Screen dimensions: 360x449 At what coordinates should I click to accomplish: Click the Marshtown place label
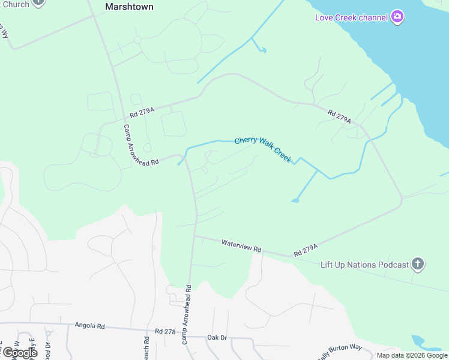pos(129,7)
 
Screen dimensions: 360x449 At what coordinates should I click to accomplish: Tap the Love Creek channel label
pos(352,17)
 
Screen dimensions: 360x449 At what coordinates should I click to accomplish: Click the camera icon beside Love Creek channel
pos(397,17)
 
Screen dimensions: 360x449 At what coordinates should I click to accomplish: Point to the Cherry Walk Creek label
pos(263,148)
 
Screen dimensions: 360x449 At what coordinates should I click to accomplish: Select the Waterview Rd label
pos(241,245)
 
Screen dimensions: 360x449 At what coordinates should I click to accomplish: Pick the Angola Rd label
pos(89,326)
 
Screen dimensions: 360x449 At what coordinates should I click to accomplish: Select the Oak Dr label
pos(217,338)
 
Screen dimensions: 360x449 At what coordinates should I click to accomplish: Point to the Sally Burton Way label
pos(340,351)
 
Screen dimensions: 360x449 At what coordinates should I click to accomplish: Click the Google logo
pos(20,352)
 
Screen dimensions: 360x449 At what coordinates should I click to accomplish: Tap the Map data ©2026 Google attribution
pos(412,355)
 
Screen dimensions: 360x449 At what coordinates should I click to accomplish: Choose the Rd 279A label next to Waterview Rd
pos(305,250)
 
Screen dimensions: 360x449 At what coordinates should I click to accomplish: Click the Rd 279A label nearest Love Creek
pos(339,116)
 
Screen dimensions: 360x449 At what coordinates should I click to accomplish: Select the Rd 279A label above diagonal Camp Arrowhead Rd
pos(142,112)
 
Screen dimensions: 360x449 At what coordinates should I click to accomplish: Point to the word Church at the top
pos(14,4)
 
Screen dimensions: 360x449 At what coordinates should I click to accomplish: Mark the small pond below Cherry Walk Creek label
pos(295,200)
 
